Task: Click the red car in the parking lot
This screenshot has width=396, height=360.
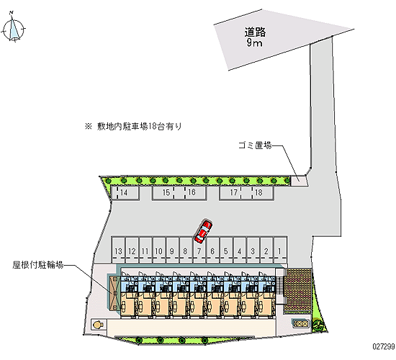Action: [x=203, y=232]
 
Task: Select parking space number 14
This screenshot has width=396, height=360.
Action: [x=125, y=193]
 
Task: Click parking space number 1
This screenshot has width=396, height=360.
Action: [x=280, y=250]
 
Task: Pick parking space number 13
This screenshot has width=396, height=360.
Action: [x=118, y=250]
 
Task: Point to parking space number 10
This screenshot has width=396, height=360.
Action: [x=159, y=250]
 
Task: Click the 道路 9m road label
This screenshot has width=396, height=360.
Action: [x=255, y=37]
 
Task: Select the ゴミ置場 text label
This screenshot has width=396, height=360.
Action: [x=255, y=145]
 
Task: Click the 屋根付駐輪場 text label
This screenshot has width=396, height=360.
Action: [x=38, y=265]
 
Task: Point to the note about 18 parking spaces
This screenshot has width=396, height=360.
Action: [x=134, y=126]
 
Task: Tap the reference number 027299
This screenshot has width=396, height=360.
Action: [x=384, y=346]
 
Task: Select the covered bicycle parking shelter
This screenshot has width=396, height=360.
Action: [x=114, y=293]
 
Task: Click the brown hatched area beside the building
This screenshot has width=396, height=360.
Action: [x=297, y=291]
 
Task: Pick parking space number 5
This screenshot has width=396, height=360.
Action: [x=227, y=250]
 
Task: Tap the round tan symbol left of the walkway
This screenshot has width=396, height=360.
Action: [x=98, y=325]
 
